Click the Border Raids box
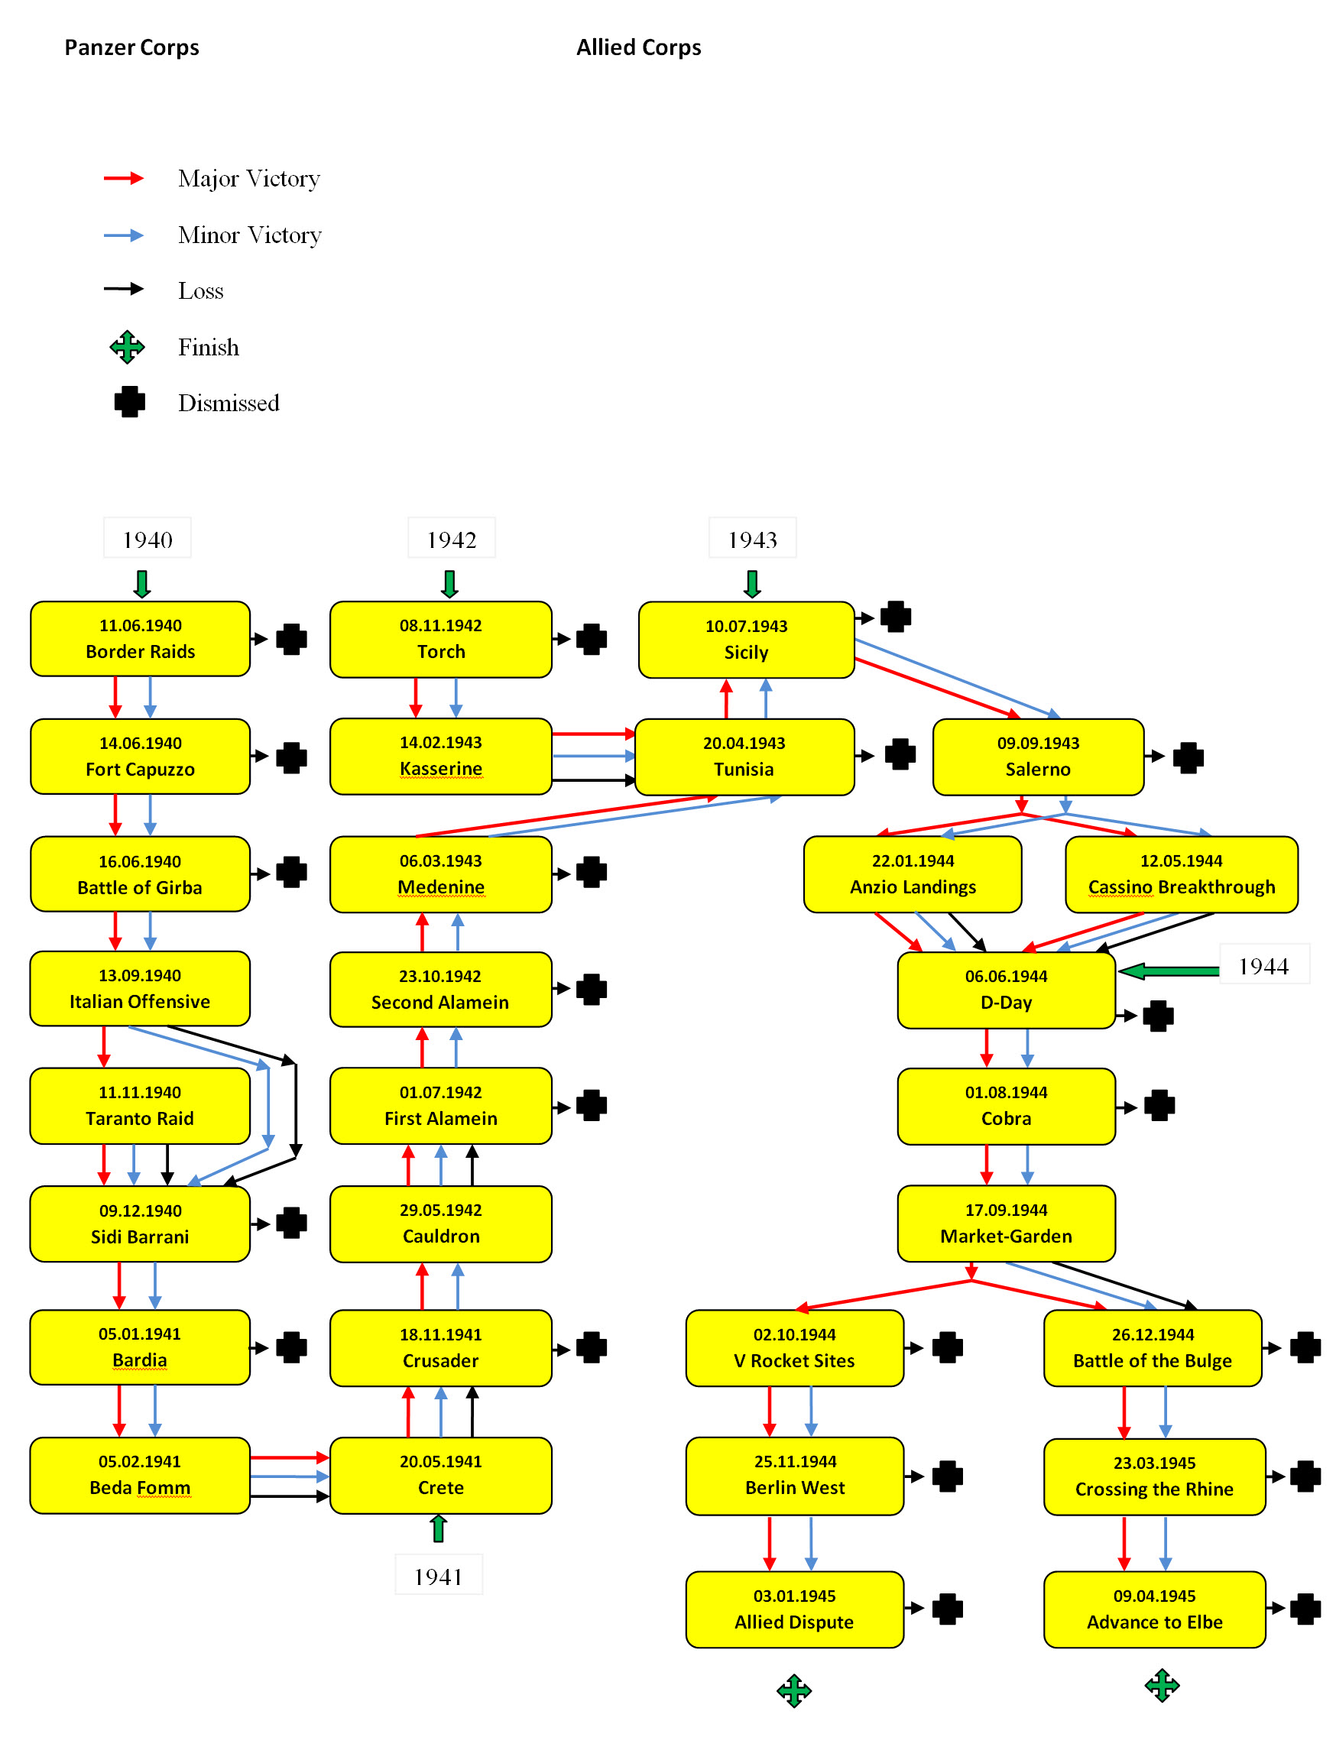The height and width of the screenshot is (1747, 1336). coord(140,639)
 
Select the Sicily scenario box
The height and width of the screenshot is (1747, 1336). coord(746,640)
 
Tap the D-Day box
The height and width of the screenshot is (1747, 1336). coord(1006,989)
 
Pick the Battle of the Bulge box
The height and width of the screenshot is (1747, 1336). coord(1153,1348)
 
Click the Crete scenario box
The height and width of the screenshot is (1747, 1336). coord(440,1475)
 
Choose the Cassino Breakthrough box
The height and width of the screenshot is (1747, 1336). coord(1181,874)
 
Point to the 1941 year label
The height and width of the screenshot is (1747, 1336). coord(438,1576)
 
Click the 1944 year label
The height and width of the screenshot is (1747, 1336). coord(1263,966)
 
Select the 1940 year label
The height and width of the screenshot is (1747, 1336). coord(147,540)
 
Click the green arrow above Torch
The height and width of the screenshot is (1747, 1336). coord(449,584)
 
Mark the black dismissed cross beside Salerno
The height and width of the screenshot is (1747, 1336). coord(1188,757)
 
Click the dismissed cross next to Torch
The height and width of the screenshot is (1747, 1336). coord(592,640)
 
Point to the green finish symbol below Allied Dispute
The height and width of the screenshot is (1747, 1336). coord(793,1690)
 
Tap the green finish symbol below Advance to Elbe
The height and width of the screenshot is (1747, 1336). coord(1162,1685)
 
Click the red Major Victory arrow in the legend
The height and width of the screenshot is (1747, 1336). coord(124,178)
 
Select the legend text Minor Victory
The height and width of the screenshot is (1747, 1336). coord(250,235)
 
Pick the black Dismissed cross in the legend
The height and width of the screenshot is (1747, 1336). coord(130,402)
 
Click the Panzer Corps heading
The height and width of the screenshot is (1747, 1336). coord(132,47)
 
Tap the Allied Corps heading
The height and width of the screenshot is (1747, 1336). coord(639,47)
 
